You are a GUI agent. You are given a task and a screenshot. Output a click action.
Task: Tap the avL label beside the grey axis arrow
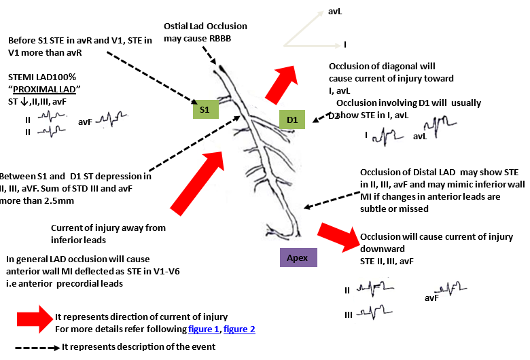pyautogui.click(x=335, y=12)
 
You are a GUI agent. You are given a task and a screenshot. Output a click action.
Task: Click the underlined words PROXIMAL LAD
pyautogui.click(x=49, y=91)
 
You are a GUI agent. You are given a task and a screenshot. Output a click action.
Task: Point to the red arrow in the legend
pyautogui.click(x=33, y=318)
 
